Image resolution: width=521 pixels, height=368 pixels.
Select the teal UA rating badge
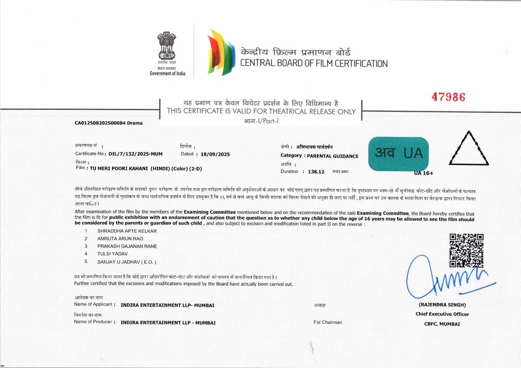[399, 154]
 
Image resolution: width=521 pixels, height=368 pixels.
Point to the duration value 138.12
[316, 171]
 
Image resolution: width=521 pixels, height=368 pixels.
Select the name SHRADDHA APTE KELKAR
[127, 230]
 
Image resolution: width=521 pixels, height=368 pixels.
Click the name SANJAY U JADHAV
[127, 261]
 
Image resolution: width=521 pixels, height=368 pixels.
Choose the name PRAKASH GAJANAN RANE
[127, 246]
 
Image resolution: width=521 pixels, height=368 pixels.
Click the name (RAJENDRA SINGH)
[442, 304]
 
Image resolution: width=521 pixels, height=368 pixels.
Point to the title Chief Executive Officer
[442, 314]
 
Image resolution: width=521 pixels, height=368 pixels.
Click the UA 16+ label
[424, 173]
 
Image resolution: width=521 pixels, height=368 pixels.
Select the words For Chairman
[328, 322]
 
